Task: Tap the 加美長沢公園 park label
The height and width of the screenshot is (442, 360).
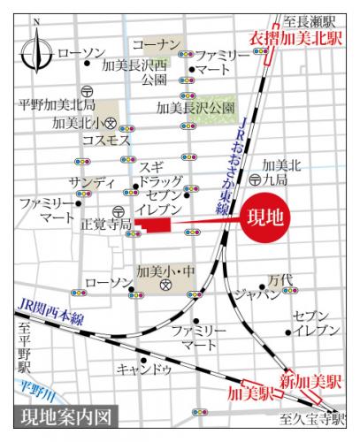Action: (196, 108)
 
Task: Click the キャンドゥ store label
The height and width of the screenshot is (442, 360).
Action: (143, 369)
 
